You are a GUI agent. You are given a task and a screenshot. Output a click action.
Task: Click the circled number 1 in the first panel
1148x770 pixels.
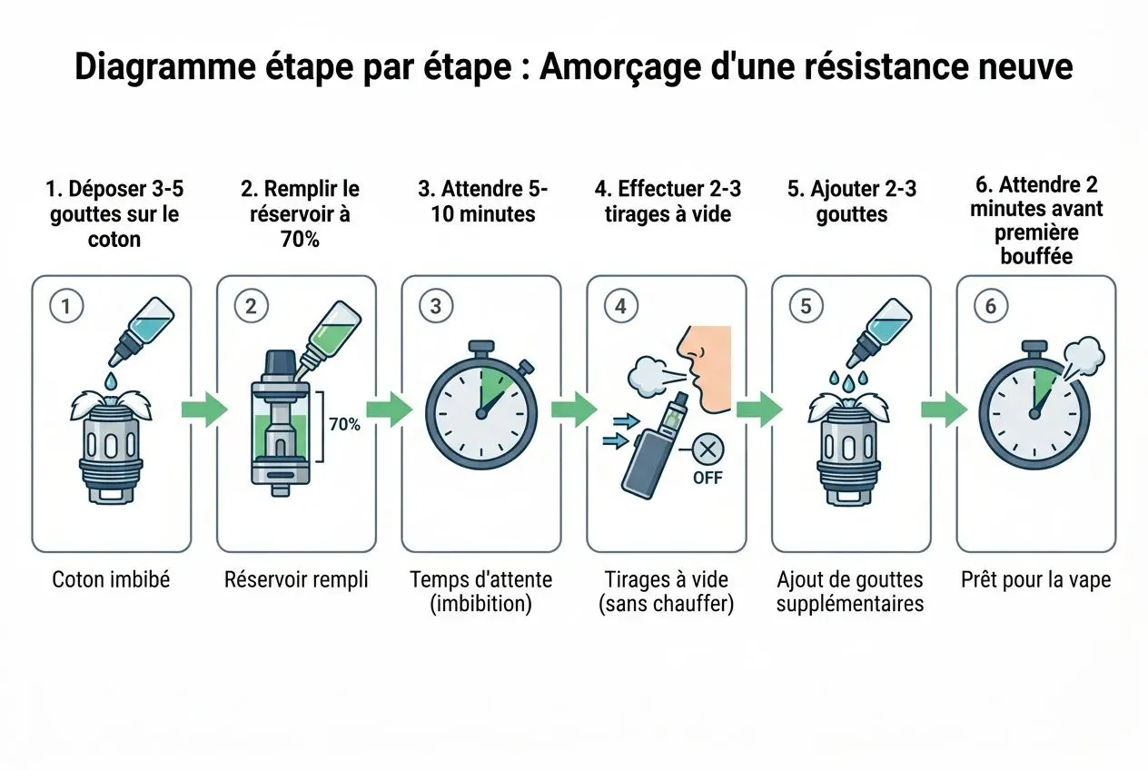pyautogui.click(x=65, y=306)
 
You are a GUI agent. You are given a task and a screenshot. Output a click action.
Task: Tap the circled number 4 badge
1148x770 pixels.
pyautogui.click(x=620, y=306)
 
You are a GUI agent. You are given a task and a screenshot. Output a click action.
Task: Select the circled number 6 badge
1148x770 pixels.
pyautogui.click(x=990, y=306)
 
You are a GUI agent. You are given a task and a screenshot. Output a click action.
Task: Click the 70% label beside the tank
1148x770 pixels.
pyautogui.click(x=344, y=424)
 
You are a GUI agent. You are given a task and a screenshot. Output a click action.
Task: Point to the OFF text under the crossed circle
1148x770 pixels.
pyautogui.click(x=708, y=477)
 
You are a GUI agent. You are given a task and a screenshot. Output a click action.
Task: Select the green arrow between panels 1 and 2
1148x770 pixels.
pyautogui.click(x=203, y=410)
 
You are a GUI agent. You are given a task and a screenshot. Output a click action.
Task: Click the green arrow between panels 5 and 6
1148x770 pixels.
pyautogui.click(x=944, y=410)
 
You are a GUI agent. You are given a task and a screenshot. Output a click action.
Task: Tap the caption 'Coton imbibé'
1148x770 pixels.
pyautogui.click(x=111, y=579)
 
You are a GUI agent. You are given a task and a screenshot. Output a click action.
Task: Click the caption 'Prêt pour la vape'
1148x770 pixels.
pyautogui.click(x=1035, y=579)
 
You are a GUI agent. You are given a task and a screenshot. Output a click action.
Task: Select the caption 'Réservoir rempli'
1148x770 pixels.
pyautogui.click(x=296, y=579)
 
